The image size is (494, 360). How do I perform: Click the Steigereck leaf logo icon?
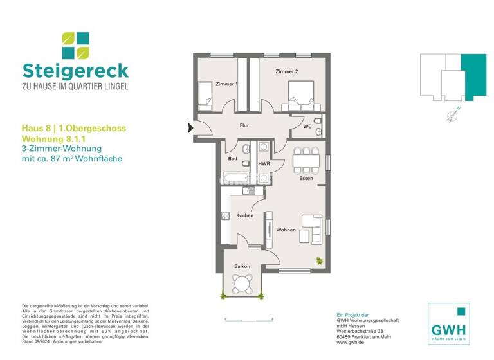75,46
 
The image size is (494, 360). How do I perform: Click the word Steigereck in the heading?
75,71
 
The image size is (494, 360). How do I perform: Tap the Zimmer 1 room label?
226,84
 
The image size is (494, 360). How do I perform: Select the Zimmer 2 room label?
287,72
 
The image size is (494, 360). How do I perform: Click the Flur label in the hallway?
244,125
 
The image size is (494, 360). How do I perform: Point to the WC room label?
307,127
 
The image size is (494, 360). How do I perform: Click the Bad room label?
232,158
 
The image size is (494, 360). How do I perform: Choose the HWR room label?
264,164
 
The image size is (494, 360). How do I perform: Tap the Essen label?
306,178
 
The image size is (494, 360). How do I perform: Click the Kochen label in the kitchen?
244,215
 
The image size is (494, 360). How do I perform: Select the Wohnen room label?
286,230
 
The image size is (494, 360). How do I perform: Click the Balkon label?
242,265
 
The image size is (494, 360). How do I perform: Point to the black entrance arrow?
190,128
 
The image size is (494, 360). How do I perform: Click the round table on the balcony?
243,283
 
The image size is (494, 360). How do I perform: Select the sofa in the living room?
313,229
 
